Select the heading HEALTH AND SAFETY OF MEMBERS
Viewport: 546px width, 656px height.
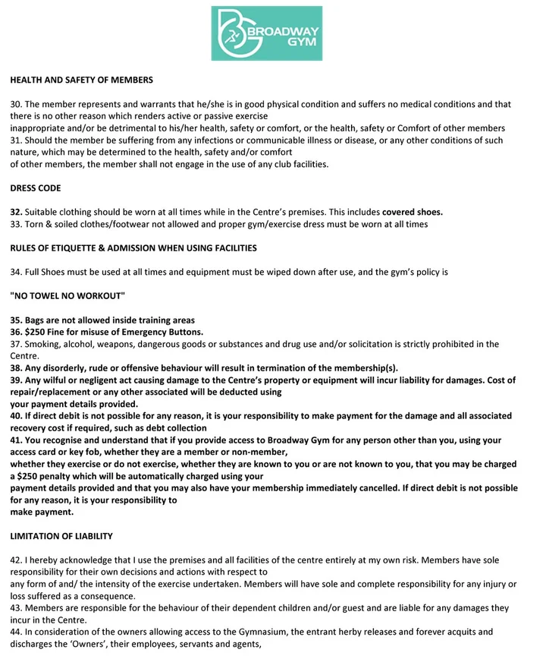81,80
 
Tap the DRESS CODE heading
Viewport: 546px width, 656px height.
36,188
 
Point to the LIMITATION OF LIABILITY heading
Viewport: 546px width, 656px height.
61,536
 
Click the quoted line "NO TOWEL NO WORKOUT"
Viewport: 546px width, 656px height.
67,295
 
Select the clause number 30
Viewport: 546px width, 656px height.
16,104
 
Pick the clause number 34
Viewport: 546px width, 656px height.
16,272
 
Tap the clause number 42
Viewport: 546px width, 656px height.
16,560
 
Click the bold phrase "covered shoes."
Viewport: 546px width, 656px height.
413,212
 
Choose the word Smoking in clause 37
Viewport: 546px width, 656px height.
42,344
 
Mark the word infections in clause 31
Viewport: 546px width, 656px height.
201,140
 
